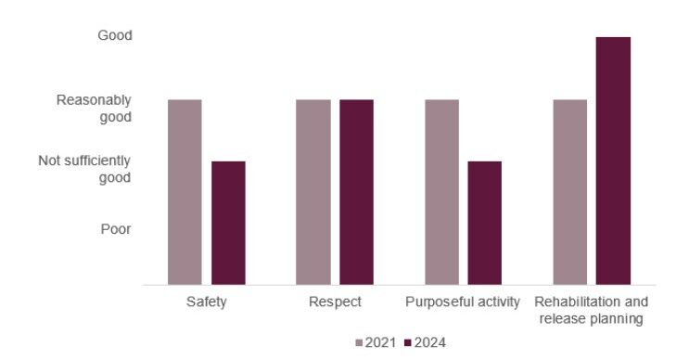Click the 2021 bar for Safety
185,191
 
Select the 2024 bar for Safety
228,223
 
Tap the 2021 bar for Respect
312,191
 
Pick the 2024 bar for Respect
356,191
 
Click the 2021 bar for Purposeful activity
441,191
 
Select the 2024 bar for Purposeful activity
484,223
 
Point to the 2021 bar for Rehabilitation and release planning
569,191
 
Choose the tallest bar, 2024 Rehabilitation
613,161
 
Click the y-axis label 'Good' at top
115,35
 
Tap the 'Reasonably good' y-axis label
94,108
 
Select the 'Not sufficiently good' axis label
84,169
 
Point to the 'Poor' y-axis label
116,229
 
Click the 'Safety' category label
206,302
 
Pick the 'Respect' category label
335,302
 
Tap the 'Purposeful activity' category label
463,302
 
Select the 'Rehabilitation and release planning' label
591,311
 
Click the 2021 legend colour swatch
360,342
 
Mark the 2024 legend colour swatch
409,342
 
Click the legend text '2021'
381,342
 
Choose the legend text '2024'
430,342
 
